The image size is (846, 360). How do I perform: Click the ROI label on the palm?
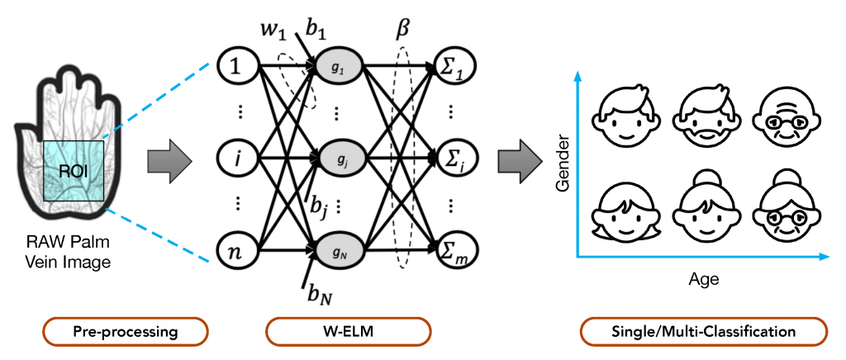[x=71, y=173]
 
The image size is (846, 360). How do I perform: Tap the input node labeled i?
[x=238, y=159]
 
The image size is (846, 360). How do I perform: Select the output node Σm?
[x=454, y=252]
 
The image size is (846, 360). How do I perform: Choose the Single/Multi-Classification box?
[x=704, y=331]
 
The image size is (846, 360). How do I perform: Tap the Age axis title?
[x=704, y=280]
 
